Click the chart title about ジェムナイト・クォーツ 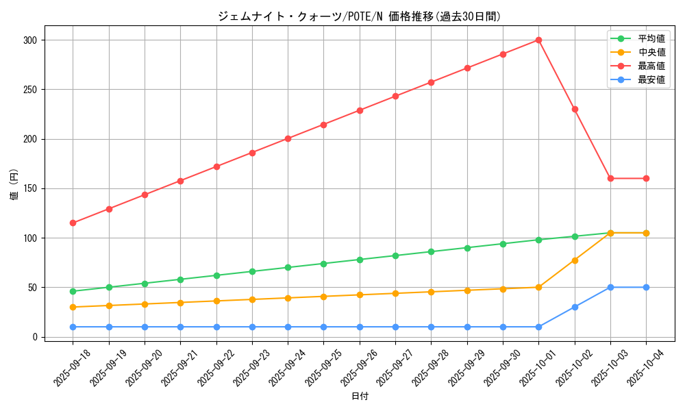click(360, 16)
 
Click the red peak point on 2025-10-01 click(538, 40)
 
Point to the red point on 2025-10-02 click(575, 109)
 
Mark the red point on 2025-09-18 click(73, 223)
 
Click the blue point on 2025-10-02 click(575, 307)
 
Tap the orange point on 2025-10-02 click(575, 260)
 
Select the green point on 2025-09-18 click(73, 291)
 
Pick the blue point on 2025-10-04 click(646, 287)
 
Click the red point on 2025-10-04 click(646, 178)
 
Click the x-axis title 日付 click(360, 397)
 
